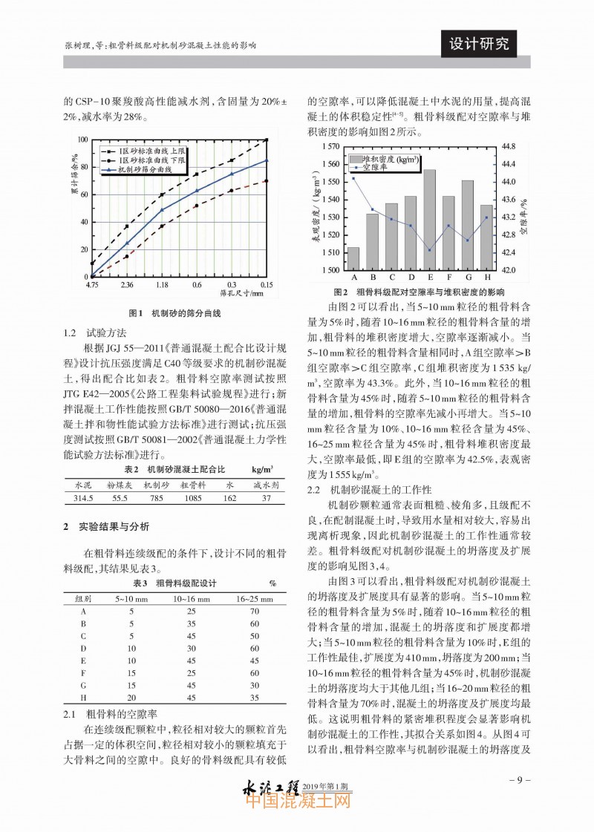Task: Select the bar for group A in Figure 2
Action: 353,259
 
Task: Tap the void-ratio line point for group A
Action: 353,178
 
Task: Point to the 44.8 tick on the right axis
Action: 509,145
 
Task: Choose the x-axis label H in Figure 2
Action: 486,278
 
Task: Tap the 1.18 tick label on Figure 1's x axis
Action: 162,284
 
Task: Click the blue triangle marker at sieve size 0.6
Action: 197,190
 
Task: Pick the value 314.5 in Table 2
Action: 79,499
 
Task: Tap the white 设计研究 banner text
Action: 480,44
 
